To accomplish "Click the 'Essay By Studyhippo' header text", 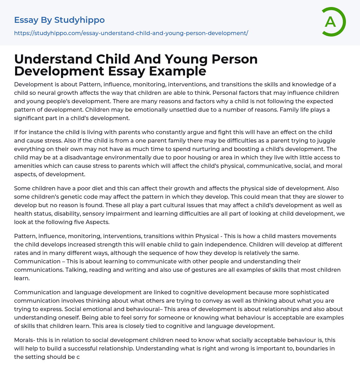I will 59,20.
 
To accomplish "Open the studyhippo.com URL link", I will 131,33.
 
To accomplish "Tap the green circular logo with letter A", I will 333,22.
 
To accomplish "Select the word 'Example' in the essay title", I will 178,71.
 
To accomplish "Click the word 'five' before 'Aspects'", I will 88,222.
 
